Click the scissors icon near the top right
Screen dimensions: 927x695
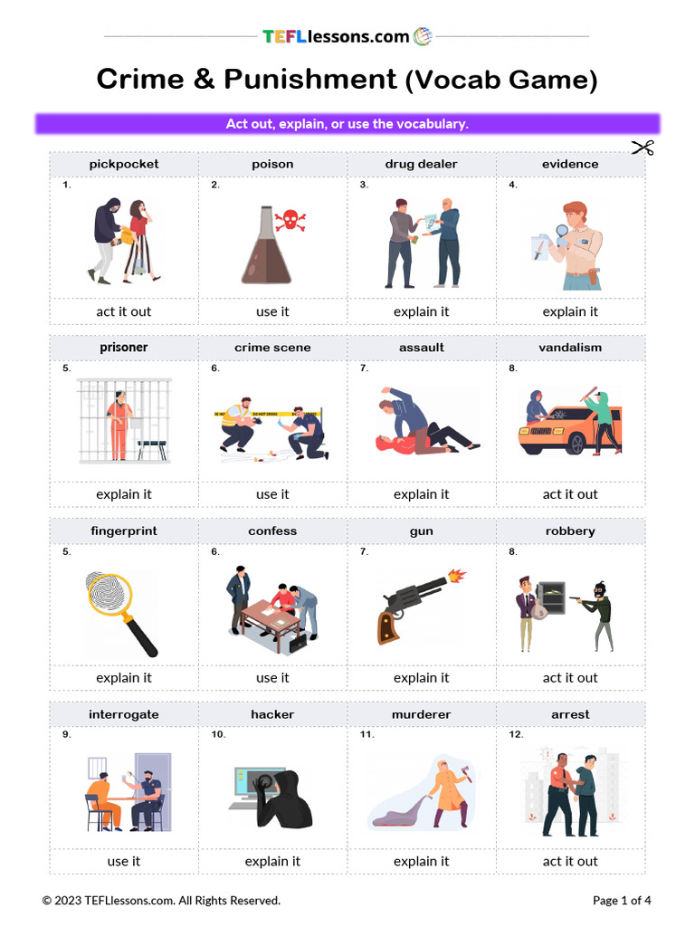(x=643, y=148)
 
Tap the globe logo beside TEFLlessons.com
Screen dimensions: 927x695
(x=423, y=36)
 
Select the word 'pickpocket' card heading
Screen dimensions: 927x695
(x=124, y=164)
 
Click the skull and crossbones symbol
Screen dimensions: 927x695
(x=290, y=220)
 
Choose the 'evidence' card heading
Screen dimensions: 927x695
(x=570, y=164)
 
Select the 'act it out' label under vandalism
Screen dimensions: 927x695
(x=570, y=494)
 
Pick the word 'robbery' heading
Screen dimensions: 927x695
(x=570, y=531)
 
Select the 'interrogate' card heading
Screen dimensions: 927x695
(x=124, y=714)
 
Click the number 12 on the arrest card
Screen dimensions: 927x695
(x=516, y=734)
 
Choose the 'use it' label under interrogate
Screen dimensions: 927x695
(x=124, y=861)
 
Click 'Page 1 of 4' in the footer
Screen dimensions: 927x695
(x=622, y=900)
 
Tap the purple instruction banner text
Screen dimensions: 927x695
(x=347, y=123)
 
